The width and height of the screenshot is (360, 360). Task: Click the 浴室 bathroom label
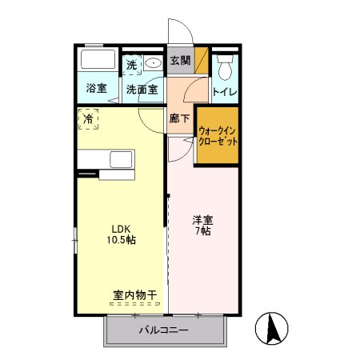pyautogui.click(x=97, y=89)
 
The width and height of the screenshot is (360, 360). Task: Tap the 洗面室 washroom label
pyautogui.click(x=143, y=89)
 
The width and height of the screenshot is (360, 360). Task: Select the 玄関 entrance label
pyautogui.click(x=180, y=61)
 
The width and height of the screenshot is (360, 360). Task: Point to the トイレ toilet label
pyautogui.click(x=224, y=91)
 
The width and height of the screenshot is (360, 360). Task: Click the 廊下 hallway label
pyautogui.click(x=180, y=118)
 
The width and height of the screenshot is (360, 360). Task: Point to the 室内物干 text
pyautogui.click(x=134, y=296)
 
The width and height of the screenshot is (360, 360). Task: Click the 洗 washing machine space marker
pyautogui.click(x=132, y=62)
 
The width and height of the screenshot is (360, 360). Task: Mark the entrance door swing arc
pyautogui.click(x=183, y=32)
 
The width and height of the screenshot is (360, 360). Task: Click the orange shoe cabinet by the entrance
pyautogui.click(x=201, y=61)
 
